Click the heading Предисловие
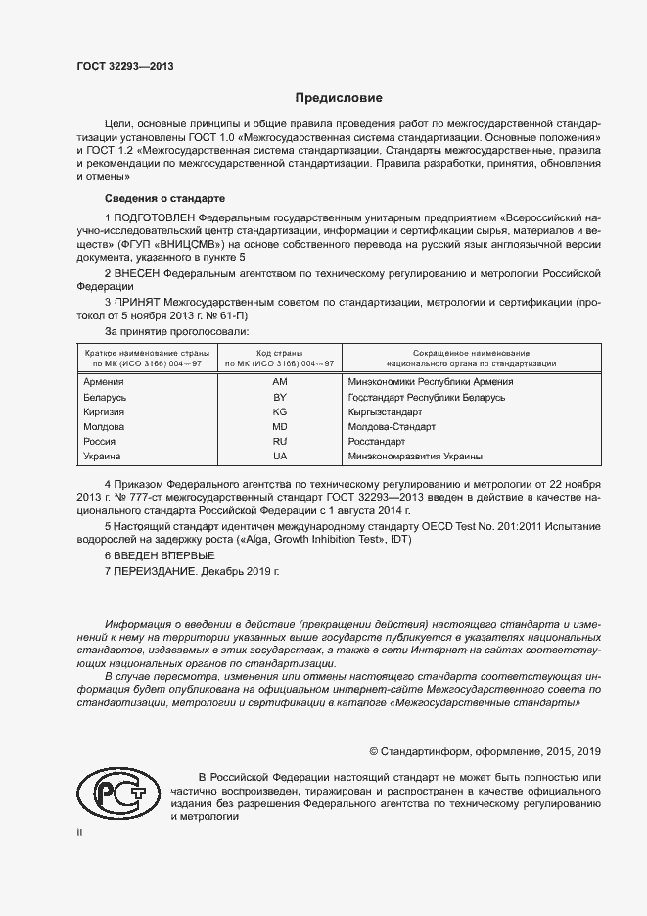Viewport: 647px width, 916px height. (340, 98)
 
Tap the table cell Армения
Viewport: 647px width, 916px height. (104, 382)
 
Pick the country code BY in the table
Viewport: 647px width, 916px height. (280, 397)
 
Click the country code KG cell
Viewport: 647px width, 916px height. (280, 411)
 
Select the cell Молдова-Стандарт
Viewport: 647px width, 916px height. (392, 427)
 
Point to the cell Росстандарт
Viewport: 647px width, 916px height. (377, 442)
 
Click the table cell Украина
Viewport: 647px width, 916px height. (103, 457)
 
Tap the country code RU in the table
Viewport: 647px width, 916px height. (280, 442)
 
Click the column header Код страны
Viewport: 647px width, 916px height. (280, 352)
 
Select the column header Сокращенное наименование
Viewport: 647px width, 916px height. (470, 352)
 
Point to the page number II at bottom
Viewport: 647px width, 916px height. (80, 832)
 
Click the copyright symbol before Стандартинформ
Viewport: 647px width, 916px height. (373, 751)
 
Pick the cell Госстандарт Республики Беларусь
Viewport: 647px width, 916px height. (426, 397)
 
